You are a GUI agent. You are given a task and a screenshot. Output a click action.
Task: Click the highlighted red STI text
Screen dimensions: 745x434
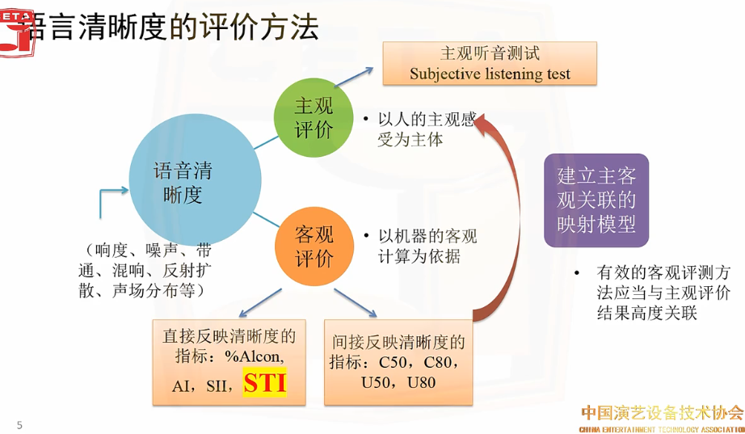(x=265, y=382)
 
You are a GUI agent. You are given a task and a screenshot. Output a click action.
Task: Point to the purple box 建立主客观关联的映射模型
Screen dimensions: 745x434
(x=596, y=200)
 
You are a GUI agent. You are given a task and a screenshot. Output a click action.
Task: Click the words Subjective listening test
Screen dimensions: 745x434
(x=490, y=74)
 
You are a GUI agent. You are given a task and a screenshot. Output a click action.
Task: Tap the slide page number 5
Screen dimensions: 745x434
(x=20, y=425)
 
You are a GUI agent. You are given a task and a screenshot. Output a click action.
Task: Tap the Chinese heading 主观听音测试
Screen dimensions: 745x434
(x=490, y=54)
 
